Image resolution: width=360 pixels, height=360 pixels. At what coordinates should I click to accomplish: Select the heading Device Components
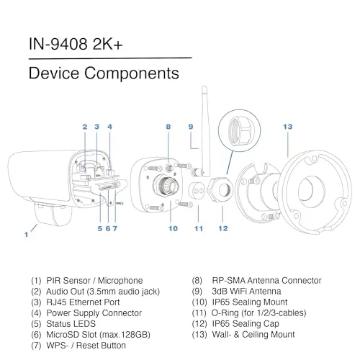coord(103,73)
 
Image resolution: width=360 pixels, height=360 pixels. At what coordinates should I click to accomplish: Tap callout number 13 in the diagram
coord(287,127)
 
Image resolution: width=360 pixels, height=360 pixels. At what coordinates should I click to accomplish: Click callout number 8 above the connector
coord(168,127)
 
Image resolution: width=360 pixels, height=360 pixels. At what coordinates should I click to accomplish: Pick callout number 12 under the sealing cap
coord(223,229)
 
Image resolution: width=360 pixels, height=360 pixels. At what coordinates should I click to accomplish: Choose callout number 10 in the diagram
coord(173,229)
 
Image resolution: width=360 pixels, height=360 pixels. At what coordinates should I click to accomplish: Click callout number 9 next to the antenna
coord(191,127)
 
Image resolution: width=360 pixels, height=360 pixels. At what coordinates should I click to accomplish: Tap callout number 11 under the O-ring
coord(199,229)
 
